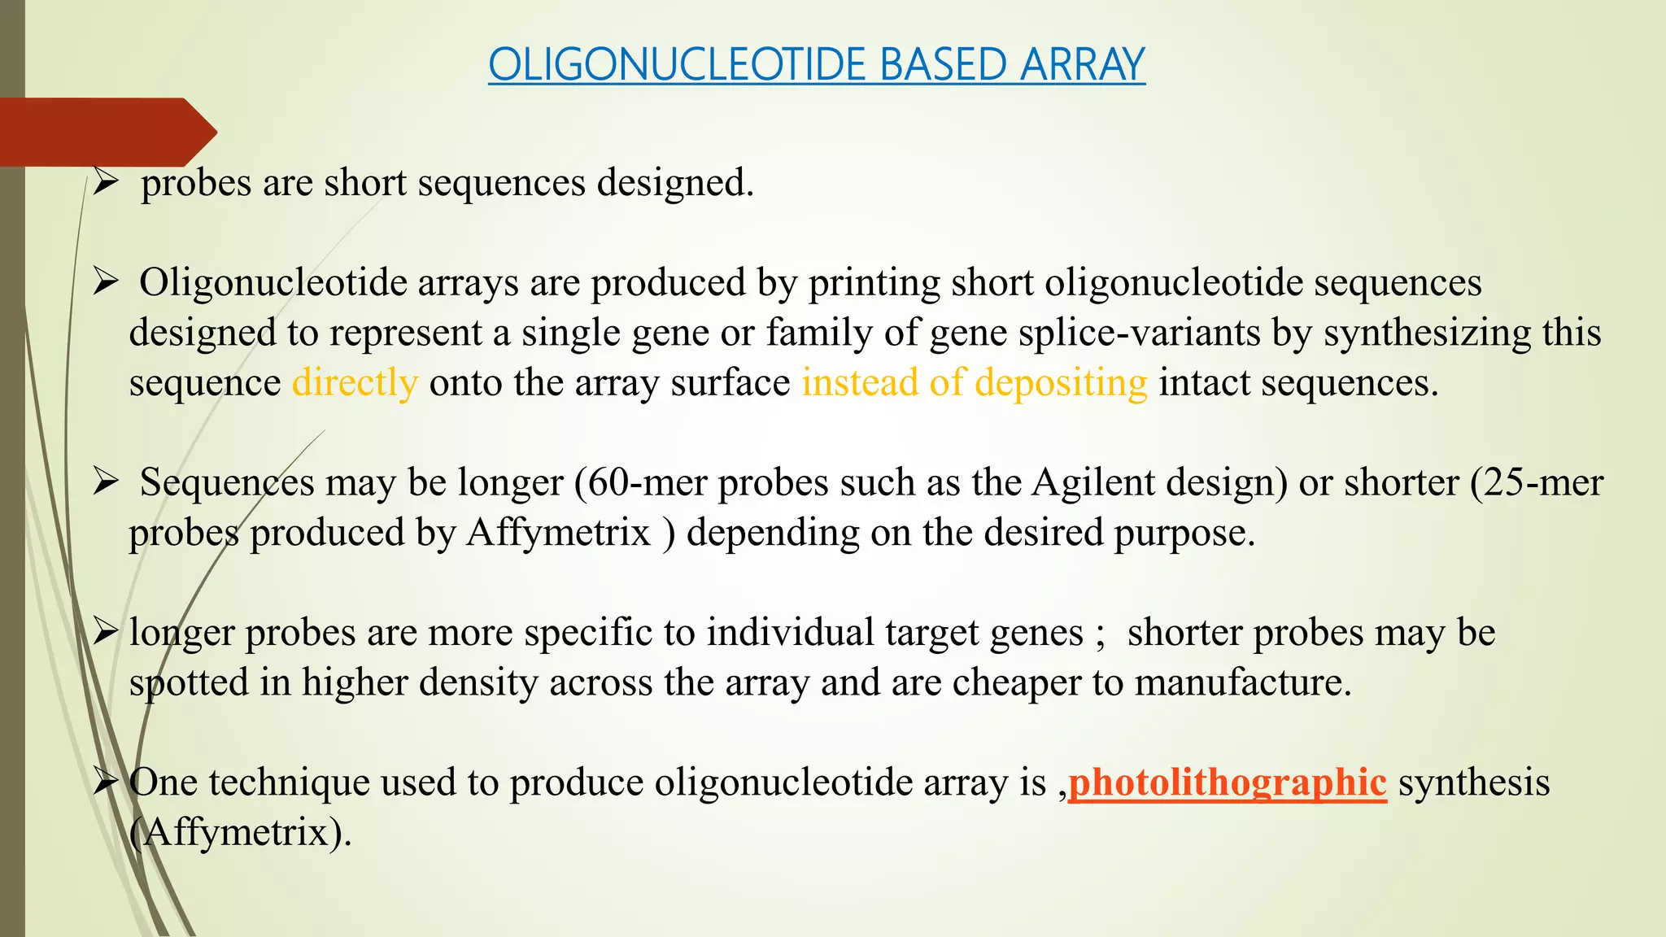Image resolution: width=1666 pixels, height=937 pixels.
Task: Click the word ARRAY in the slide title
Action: pos(1082,65)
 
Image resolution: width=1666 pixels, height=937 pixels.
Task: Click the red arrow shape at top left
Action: pos(106,132)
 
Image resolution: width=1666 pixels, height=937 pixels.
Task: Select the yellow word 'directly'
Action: pos(355,383)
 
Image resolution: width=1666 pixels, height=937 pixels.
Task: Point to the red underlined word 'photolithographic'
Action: pos(1227,782)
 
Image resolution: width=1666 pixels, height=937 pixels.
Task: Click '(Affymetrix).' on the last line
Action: pos(241,833)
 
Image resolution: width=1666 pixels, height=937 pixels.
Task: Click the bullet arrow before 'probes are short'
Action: pos(106,181)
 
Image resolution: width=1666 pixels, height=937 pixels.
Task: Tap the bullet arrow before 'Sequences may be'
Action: pos(106,482)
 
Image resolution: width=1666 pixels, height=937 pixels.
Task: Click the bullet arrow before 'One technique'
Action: pos(106,782)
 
